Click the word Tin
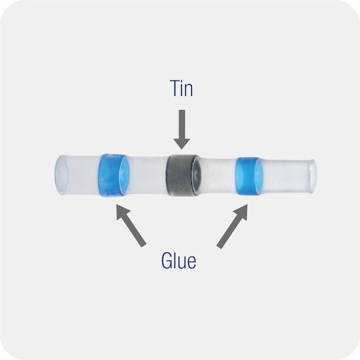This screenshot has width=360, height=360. pyautogui.click(x=181, y=88)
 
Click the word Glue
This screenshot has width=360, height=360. pyautogui.click(x=179, y=261)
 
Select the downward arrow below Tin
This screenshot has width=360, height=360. pyautogui.click(x=182, y=129)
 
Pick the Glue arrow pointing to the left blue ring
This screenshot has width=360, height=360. pyautogui.click(x=131, y=225)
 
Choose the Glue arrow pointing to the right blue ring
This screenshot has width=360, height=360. pyautogui.click(x=232, y=226)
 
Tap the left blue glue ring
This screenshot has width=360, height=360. pyautogui.click(x=113, y=175)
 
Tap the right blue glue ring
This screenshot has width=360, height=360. pyautogui.click(x=249, y=176)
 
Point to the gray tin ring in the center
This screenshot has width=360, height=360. pyautogui.click(x=183, y=175)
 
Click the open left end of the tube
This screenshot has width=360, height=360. pyautogui.click(x=61, y=175)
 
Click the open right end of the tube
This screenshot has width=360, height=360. pyautogui.click(x=312, y=176)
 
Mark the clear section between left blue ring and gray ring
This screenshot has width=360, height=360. pyautogui.click(x=147, y=175)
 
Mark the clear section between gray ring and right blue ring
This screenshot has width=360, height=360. pyautogui.click(x=219, y=176)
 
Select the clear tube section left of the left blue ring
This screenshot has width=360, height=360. pyautogui.click(x=81, y=175)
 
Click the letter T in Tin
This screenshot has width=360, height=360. pyautogui.click(x=175, y=88)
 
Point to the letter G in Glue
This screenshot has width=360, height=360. pyautogui.click(x=167, y=261)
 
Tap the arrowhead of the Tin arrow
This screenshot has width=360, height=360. pyautogui.click(x=182, y=144)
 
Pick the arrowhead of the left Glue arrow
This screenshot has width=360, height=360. pyautogui.click(x=123, y=212)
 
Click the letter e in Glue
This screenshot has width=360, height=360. pyautogui.click(x=192, y=263)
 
